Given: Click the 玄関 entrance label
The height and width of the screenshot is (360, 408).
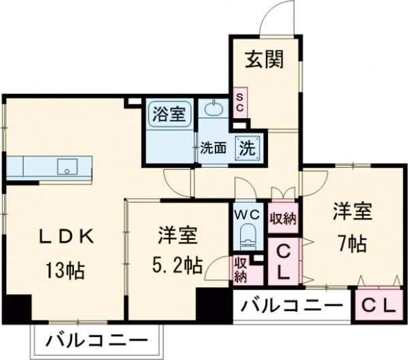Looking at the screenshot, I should (263, 60).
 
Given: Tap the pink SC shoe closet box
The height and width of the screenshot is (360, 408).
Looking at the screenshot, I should (240, 103).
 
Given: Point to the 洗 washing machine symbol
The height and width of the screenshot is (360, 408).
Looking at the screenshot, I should (247, 147).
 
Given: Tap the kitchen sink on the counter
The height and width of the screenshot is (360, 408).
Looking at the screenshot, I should (67, 166).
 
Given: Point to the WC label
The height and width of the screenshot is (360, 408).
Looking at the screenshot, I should (247, 215).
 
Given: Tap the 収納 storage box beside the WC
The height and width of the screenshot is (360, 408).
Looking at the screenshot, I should (283, 217).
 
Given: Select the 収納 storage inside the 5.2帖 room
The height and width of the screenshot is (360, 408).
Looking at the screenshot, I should (241, 268).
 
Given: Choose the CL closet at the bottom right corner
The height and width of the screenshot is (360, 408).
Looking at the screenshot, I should (378, 305).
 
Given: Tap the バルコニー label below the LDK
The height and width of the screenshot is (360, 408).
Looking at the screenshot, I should (98, 340).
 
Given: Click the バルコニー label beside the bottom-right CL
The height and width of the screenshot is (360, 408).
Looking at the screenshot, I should (290, 305).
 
